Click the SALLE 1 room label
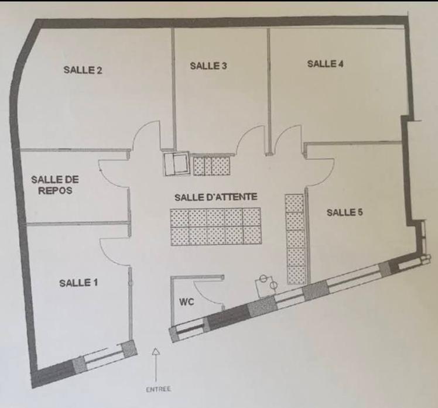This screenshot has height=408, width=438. (x=78, y=283)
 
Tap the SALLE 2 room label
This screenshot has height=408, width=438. (x=83, y=70)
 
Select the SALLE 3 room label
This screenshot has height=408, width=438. (x=208, y=66)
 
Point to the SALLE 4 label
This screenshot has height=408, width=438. (x=326, y=64)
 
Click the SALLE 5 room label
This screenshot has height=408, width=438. (x=345, y=212)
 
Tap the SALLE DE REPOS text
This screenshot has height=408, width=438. (x=55, y=185)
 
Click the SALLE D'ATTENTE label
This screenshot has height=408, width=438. (x=215, y=197)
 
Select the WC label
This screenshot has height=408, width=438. (x=187, y=302)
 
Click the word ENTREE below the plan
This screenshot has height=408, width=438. (x=158, y=389)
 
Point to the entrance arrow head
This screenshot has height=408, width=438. (x=156, y=351)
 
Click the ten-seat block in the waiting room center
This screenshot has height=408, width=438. (x=216, y=227)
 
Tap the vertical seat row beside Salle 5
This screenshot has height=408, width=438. (x=295, y=239)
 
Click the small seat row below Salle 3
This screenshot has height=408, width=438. (x=212, y=166)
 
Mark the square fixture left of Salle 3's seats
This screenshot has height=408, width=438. (x=176, y=164)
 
